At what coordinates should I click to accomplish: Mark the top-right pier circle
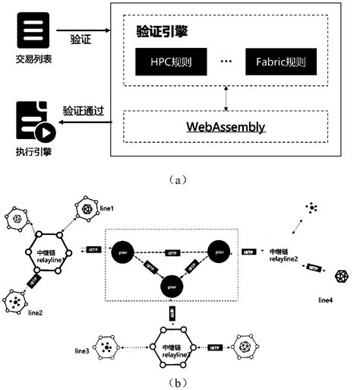(x=220, y=249)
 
